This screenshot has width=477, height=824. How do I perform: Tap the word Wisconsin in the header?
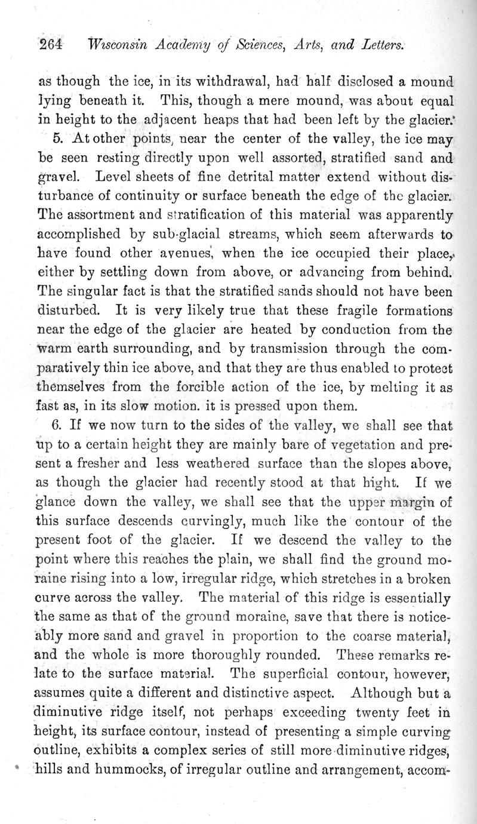click(x=116, y=45)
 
